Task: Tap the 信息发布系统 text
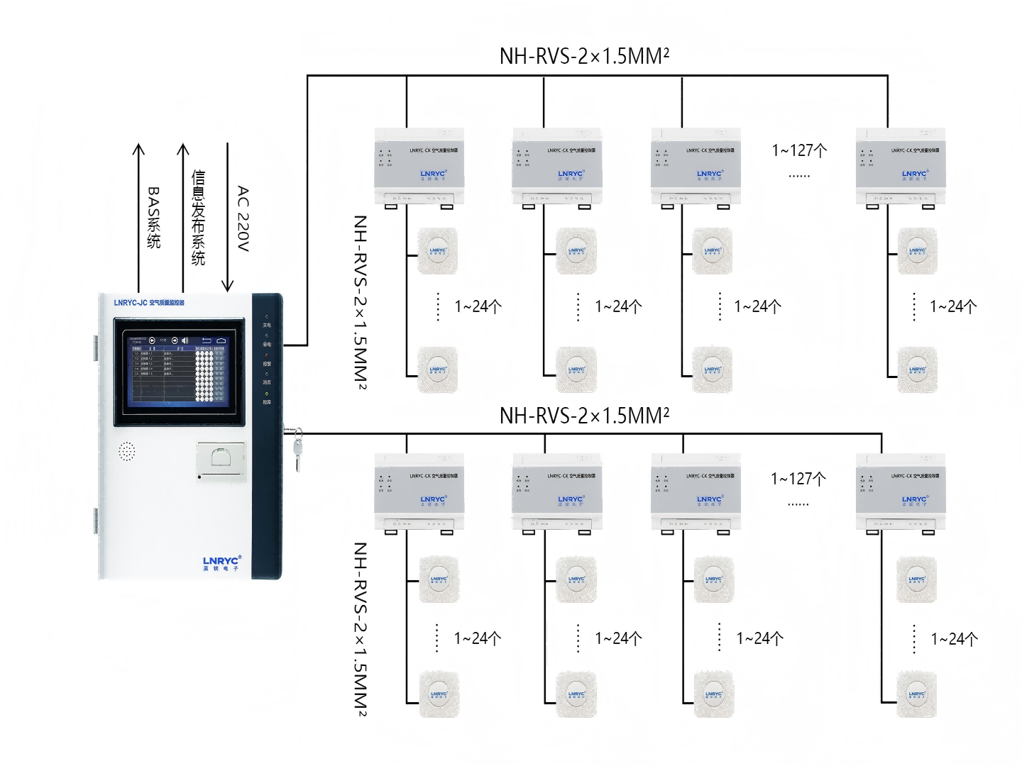[198, 218]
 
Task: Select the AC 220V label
[243, 218]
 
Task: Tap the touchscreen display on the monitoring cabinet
[180, 371]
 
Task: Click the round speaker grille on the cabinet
[126, 451]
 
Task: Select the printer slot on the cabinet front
[221, 461]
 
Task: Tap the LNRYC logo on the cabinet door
[222, 563]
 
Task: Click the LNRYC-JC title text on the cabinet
[149, 303]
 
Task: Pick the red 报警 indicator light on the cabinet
[267, 355]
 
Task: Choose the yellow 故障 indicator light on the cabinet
[267, 394]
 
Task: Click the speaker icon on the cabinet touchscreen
[185, 340]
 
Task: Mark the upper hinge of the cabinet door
[95, 348]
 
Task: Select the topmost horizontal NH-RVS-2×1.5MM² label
[584, 56]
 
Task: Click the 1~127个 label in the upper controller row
[799, 150]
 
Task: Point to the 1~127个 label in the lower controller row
[798, 479]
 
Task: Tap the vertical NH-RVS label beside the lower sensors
[361, 629]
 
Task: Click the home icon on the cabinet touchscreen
[221, 340]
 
